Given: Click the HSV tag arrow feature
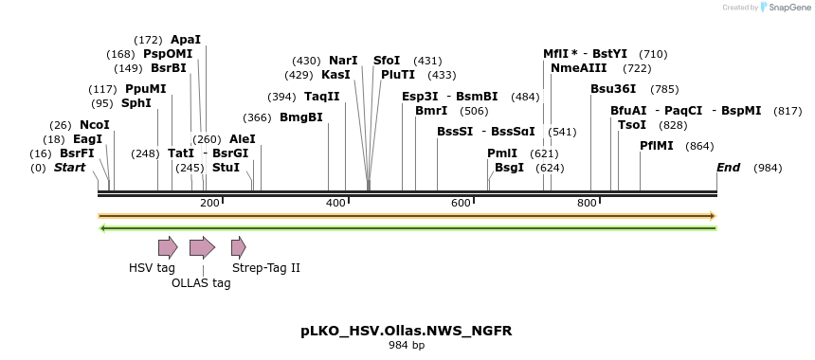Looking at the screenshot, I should pyautogui.click(x=168, y=248).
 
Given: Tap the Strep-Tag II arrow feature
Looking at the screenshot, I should pyautogui.click(x=238, y=248).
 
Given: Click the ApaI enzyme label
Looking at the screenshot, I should pyautogui.click(x=186, y=40).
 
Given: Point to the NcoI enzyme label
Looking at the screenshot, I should pyautogui.click(x=95, y=125).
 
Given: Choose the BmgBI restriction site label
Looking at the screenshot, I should pyautogui.click(x=301, y=117).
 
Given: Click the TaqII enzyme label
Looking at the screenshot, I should pyautogui.click(x=322, y=96).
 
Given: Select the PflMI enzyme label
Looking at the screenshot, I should pyautogui.click(x=657, y=146).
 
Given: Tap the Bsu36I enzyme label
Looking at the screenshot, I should pyautogui.click(x=613, y=89).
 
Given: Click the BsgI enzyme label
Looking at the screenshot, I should pyautogui.click(x=509, y=168).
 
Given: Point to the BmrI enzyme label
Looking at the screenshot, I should pyautogui.click(x=431, y=111).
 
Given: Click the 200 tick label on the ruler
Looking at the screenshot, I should pyautogui.click(x=209, y=203).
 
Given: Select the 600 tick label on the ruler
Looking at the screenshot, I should pyautogui.click(x=462, y=203).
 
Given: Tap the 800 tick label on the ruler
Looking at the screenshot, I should pyautogui.click(x=587, y=203).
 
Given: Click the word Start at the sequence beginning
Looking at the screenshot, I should pyautogui.click(x=69, y=168).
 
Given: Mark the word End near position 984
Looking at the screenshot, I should pyautogui.click(x=728, y=168).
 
